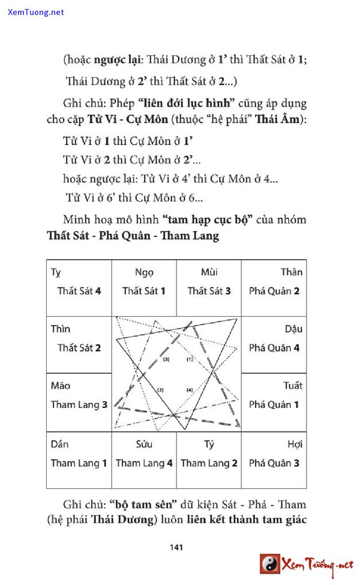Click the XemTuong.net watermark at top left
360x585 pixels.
[36, 12]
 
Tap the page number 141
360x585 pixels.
[176, 547]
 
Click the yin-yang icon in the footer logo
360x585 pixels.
[270, 564]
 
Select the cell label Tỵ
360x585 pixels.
[56, 272]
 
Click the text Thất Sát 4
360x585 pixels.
[79, 291]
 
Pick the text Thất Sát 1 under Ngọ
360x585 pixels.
[144, 291]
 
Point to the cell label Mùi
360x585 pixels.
[209, 272]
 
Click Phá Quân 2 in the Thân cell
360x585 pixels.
[274, 291]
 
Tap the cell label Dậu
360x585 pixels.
[293, 329]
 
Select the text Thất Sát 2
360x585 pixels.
[79, 348]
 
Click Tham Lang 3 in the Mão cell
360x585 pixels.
[79, 404]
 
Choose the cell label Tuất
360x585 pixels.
[293, 386]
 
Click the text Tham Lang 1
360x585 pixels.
[79, 463]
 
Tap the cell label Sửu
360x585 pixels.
[144, 445]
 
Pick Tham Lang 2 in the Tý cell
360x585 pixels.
[209, 463]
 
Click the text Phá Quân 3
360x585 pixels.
[274, 463]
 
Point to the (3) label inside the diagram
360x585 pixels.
[166, 359]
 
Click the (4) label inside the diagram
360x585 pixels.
[190, 390]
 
